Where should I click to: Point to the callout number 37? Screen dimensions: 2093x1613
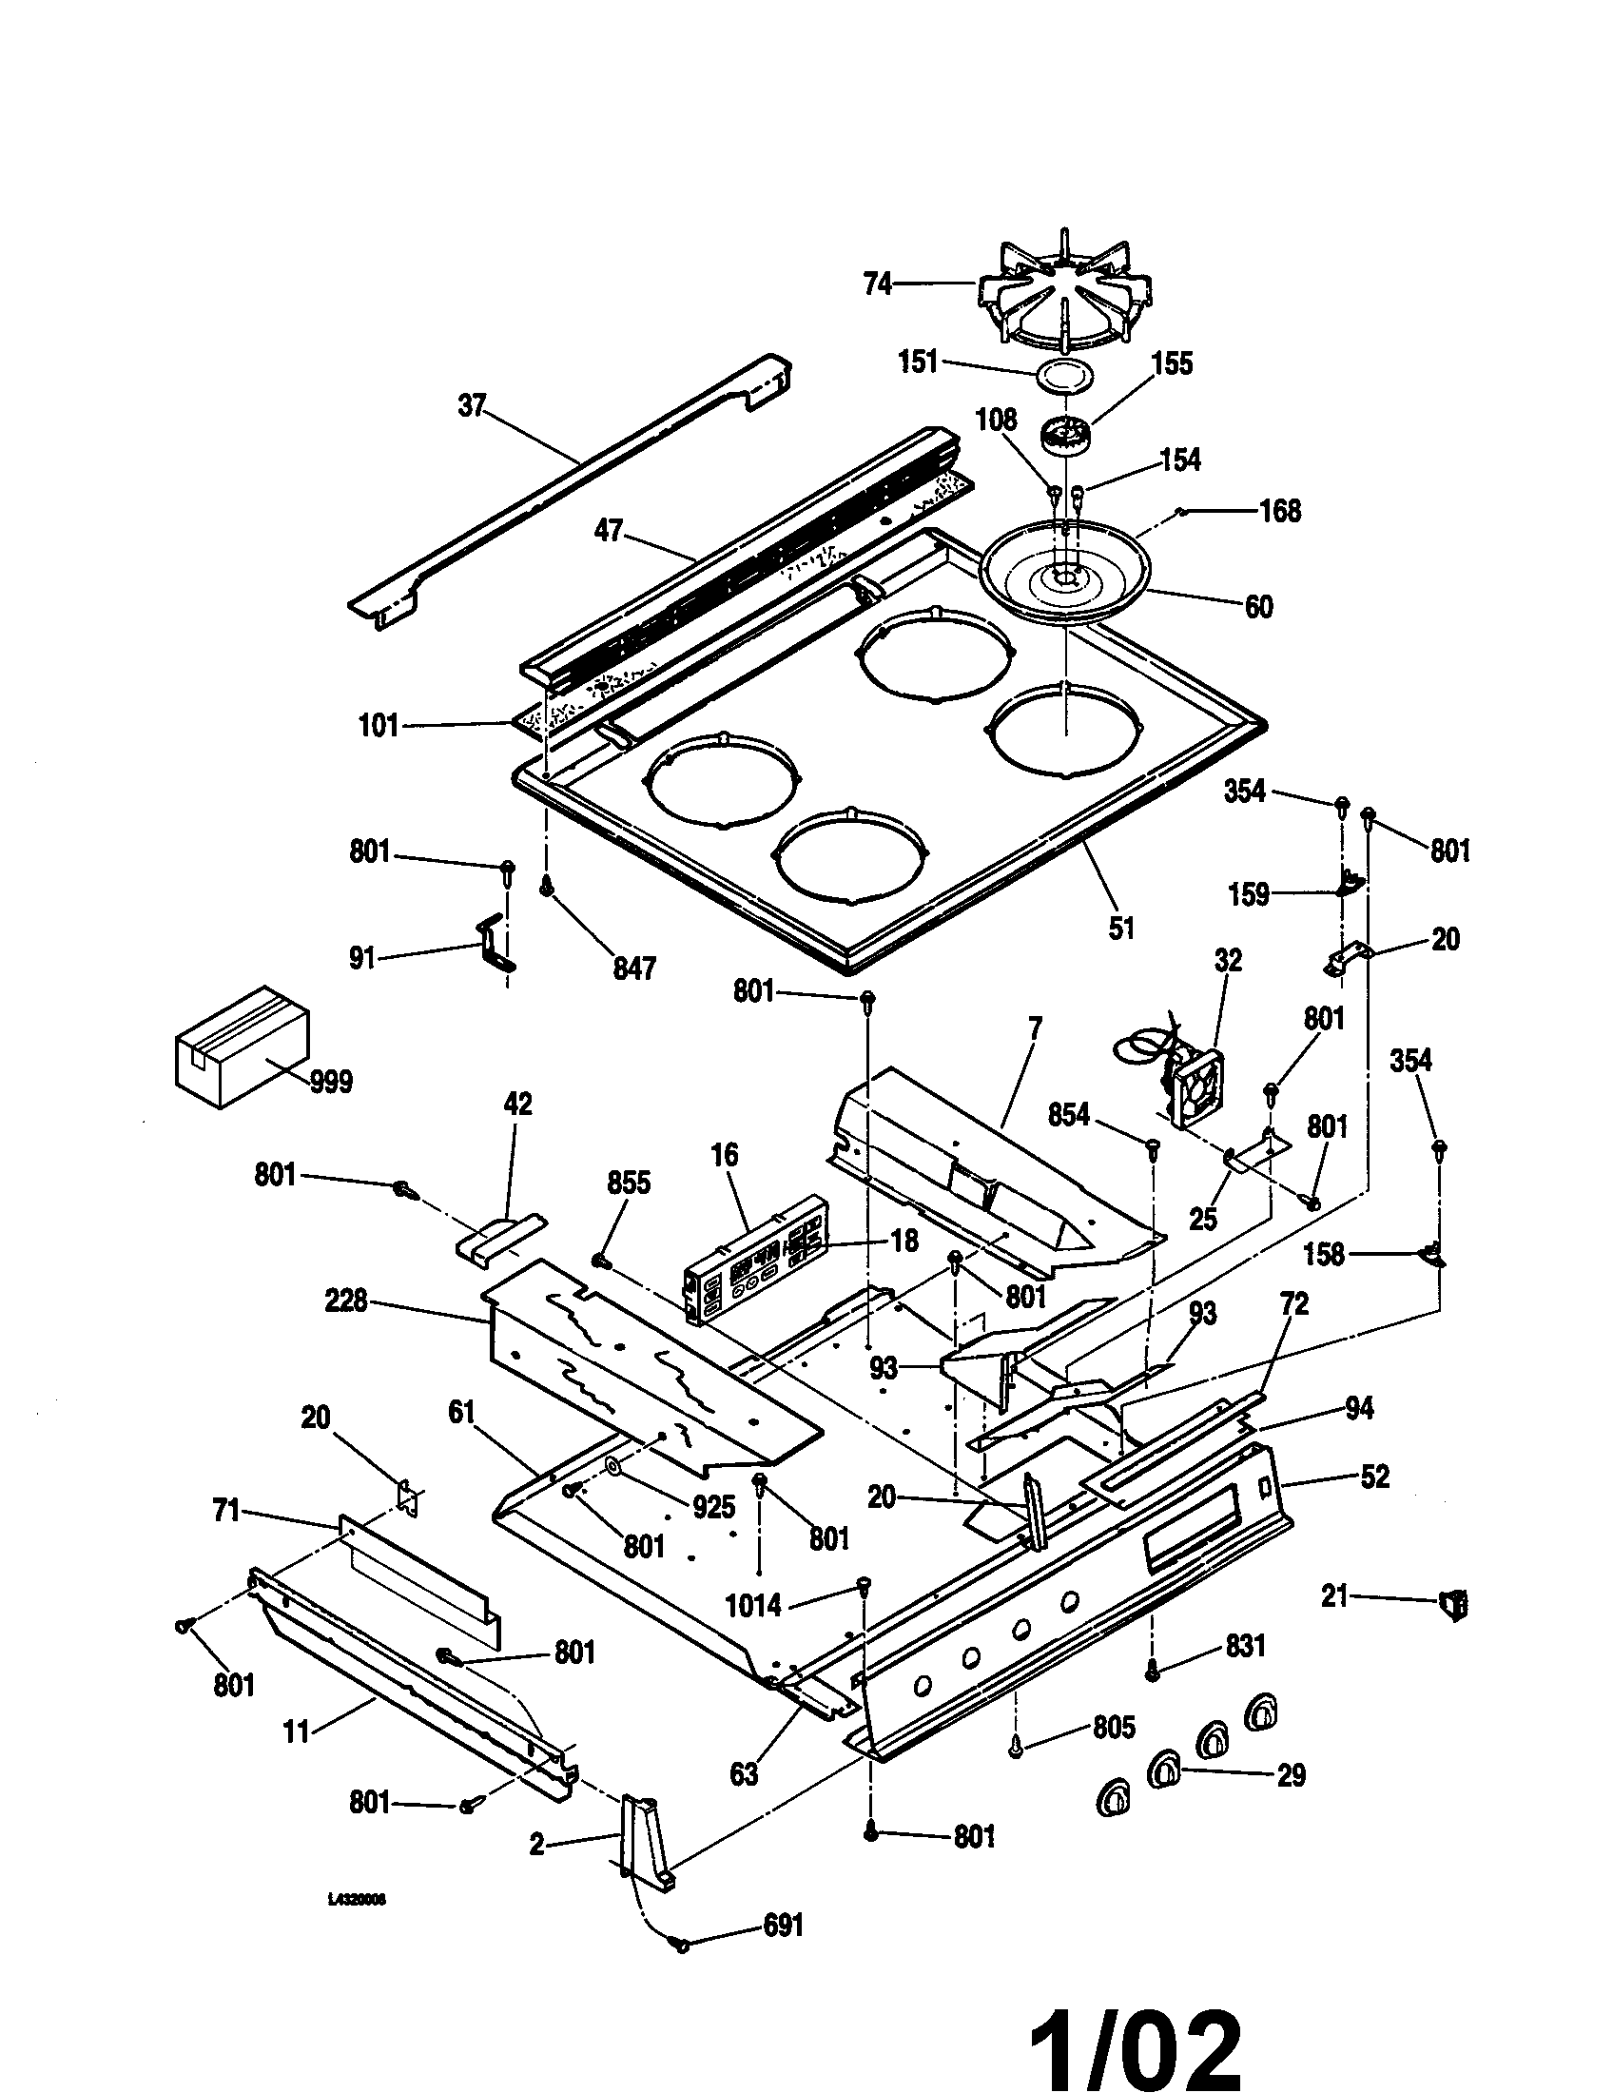coord(472,405)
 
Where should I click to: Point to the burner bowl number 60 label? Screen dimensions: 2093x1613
coord(1257,607)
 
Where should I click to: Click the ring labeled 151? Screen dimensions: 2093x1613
coord(1063,374)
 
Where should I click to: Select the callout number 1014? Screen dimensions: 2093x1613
coord(754,1604)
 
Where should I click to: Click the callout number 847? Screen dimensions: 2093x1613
coord(634,968)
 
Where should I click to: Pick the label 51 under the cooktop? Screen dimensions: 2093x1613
coord(1120,927)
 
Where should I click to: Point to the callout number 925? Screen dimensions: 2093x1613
coord(714,1507)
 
